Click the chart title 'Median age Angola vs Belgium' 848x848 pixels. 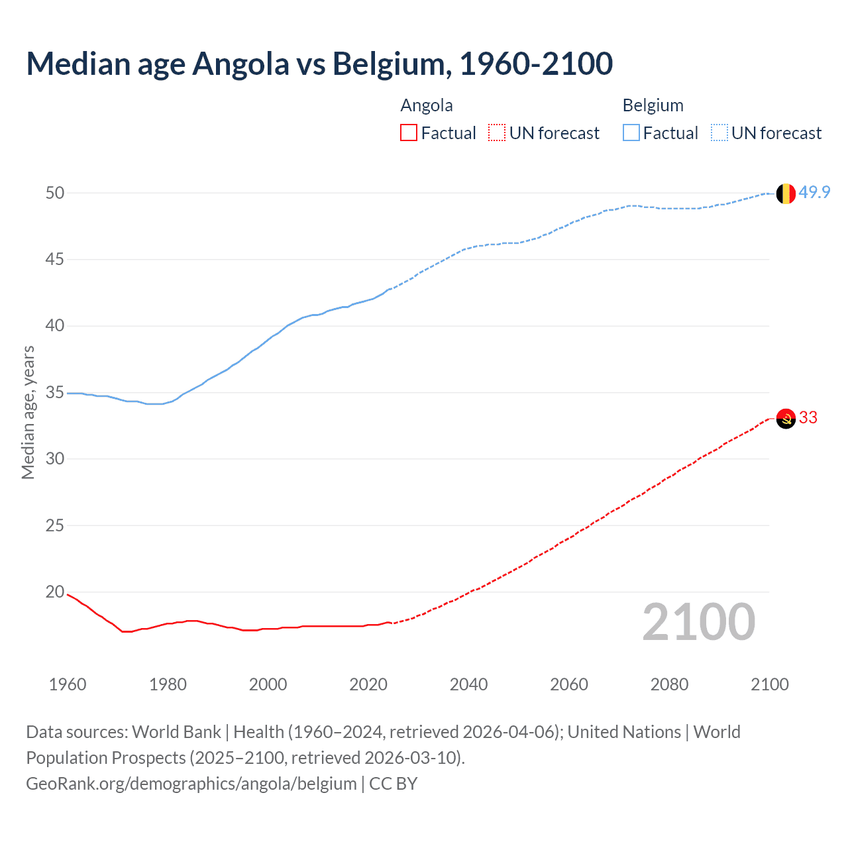pyautogui.click(x=319, y=64)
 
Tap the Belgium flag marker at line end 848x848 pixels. pyautogui.click(x=785, y=193)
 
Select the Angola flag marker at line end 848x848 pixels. pyautogui.click(x=785, y=419)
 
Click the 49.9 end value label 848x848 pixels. pyautogui.click(x=814, y=192)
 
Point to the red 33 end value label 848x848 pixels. pyautogui.click(x=808, y=417)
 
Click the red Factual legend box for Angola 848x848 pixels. pyautogui.click(x=409, y=133)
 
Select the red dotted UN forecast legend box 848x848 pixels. pyautogui.click(x=497, y=133)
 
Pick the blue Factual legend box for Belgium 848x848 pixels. pyautogui.click(x=631, y=133)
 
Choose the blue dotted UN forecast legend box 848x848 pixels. pyautogui.click(x=719, y=133)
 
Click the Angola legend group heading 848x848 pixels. pyautogui.click(x=427, y=105)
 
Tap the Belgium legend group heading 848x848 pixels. pyautogui.click(x=653, y=105)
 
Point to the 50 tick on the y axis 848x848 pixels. pyautogui.click(x=55, y=193)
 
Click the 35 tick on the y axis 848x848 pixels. pyautogui.click(x=55, y=392)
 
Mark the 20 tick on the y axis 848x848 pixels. pyautogui.click(x=55, y=592)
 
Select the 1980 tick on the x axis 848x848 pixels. pyautogui.click(x=168, y=684)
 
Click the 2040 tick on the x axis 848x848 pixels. pyautogui.click(x=468, y=684)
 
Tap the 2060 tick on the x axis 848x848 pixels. pyautogui.click(x=569, y=684)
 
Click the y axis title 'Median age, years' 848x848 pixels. pyautogui.click(x=28, y=412)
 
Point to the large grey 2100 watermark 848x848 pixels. pyautogui.click(x=698, y=622)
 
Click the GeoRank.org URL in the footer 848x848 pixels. pyautogui.click(x=191, y=783)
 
